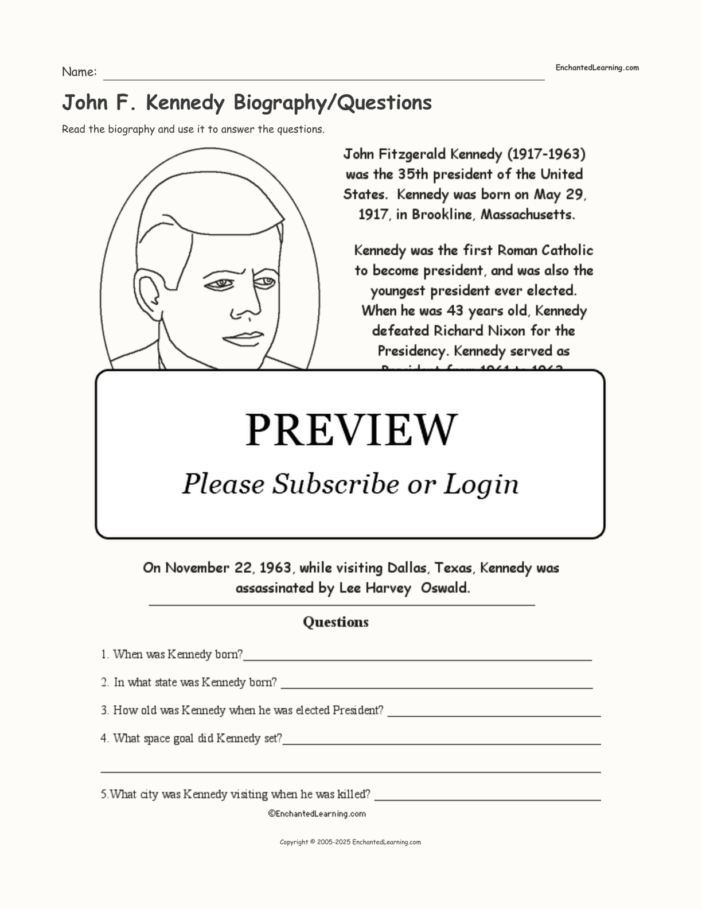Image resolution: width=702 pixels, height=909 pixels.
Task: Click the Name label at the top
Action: (x=79, y=72)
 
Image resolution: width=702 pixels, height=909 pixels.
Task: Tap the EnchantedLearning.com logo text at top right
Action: (x=596, y=68)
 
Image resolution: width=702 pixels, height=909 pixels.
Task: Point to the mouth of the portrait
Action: (x=244, y=338)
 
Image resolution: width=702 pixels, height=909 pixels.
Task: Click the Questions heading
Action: (x=336, y=622)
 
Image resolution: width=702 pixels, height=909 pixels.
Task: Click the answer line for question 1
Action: (x=418, y=658)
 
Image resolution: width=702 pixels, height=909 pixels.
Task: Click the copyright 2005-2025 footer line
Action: (x=350, y=842)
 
